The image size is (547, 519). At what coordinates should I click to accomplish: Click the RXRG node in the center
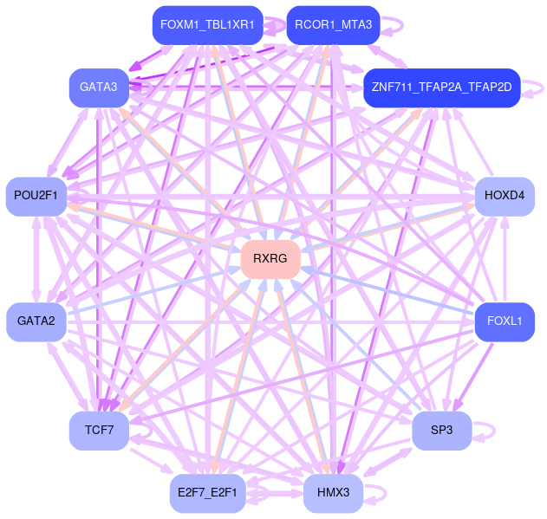point(270,259)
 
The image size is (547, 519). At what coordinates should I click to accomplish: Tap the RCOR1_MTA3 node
point(333,25)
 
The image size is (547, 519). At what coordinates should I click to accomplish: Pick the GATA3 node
point(99,87)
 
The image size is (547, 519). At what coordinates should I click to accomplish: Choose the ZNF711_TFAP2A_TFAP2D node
point(441,88)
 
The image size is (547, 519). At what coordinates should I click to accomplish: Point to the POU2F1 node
point(36,196)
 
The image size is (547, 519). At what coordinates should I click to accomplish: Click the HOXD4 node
point(505,196)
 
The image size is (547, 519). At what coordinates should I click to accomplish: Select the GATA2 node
point(36,321)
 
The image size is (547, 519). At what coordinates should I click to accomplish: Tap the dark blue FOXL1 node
point(505,321)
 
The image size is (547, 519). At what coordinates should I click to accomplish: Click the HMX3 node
point(333,493)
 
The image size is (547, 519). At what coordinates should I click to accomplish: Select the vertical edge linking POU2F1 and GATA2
point(36,258)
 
